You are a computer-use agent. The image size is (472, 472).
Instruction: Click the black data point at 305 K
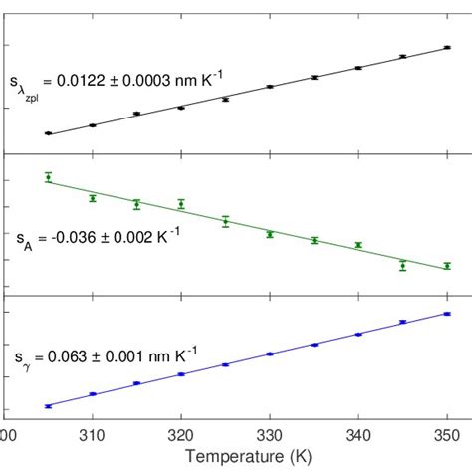pyautogui.click(x=48, y=133)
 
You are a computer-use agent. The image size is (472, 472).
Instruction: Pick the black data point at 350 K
pyautogui.click(x=447, y=47)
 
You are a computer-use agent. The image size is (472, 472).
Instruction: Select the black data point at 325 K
pyautogui.click(x=225, y=100)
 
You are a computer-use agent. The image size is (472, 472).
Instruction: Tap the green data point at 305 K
pyautogui.click(x=48, y=177)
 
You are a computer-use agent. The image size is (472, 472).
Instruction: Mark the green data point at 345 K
pyautogui.click(x=403, y=265)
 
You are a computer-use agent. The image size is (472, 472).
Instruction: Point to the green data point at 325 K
pyautogui.click(x=225, y=221)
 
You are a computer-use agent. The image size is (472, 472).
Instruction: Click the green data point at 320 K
pyautogui.click(x=181, y=204)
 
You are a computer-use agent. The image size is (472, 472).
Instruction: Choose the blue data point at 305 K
pyautogui.click(x=48, y=405)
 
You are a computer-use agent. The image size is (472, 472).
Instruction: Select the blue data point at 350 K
pyautogui.click(x=447, y=314)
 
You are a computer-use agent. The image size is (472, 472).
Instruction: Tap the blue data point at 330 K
pyautogui.click(x=270, y=354)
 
